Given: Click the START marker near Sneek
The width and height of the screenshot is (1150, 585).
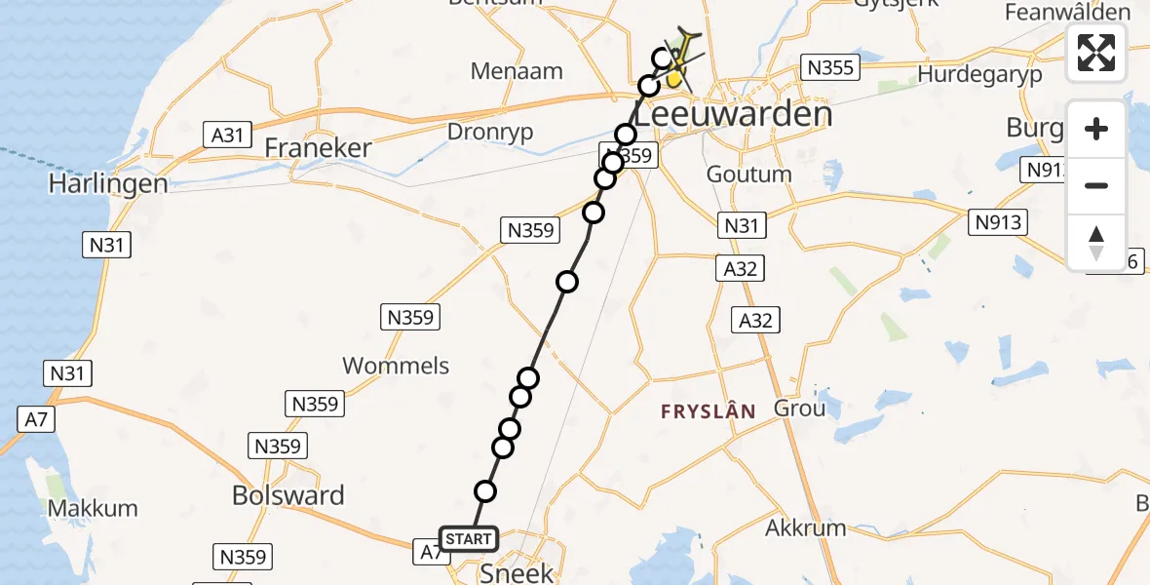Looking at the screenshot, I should tap(469, 538).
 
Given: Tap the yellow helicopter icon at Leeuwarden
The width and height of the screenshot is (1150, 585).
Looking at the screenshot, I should tap(680, 57).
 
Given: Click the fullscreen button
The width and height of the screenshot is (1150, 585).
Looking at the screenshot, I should tap(1096, 53).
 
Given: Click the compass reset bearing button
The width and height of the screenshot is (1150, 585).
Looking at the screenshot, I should tap(1096, 243).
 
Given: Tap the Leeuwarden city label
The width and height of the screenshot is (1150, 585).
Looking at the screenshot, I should tap(735, 115).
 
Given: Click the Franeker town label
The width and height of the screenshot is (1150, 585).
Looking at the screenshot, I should tap(319, 148).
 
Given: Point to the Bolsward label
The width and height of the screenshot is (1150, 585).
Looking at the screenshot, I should tap(288, 495).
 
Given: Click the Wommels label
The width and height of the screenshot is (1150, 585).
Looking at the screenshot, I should tap(396, 366).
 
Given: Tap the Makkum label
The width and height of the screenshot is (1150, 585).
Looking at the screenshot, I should tap(93, 508).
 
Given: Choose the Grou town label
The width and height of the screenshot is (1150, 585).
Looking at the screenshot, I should tap(799, 408).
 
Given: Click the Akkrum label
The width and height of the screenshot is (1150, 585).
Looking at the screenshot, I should tap(806, 529).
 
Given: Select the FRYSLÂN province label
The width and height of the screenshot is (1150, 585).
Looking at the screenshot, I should tap(709, 411).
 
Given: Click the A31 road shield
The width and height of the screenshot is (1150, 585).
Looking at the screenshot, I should tap(226, 135).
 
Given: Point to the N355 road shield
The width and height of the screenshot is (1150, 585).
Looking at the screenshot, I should tap(830, 67).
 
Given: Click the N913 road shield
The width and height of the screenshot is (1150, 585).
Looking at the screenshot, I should tap(998, 223).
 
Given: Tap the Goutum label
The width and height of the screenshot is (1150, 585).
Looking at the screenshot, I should tap(748, 175).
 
